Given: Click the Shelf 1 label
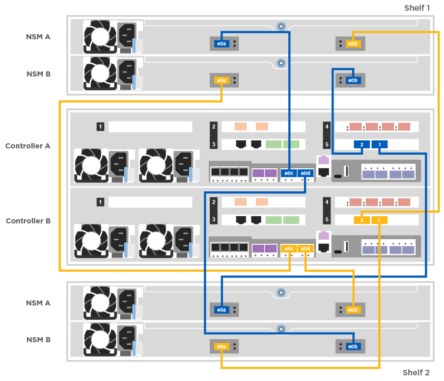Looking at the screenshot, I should tap(417, 8).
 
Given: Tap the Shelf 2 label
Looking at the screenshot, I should tap(416, 372).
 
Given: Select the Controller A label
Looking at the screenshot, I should tap(27, 146).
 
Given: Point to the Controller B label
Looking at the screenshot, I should tap(27, 221).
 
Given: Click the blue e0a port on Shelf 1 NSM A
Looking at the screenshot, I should tap(221, 44).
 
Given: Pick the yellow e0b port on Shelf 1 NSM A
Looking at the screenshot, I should tap(352, 44).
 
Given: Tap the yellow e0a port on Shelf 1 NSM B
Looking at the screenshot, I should tap(221, 81).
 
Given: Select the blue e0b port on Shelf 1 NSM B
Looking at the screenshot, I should tap(352, 81).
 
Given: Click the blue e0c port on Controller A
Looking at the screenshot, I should tap(288, 173).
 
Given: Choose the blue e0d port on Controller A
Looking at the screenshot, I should tap(305, 173).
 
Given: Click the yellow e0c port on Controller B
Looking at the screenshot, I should tap(288, 248).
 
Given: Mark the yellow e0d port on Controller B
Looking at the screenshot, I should tap(305, 248).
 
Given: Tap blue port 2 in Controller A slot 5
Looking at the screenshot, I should tap(362, 145).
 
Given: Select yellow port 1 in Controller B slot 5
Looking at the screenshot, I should tap(379, 220).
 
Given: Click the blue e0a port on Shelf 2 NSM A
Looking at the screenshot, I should tap(221, 310).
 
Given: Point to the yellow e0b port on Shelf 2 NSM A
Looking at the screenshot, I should tap(352, 310).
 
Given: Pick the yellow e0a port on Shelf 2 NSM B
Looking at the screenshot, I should tap(221, 347).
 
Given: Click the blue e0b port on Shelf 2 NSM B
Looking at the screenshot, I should tap(352, 347).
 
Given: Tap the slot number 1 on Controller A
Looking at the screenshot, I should tap(100, 126).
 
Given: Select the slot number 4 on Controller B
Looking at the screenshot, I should tap(327, 202).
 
